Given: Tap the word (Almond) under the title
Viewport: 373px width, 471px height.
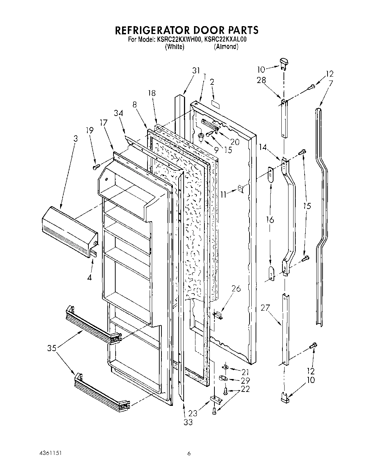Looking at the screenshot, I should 226,47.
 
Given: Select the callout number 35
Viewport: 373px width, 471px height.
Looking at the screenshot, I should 52,348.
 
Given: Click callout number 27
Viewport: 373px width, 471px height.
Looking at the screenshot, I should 266,308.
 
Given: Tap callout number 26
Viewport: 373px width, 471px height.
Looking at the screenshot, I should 236,289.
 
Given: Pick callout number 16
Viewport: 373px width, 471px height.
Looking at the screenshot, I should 270,220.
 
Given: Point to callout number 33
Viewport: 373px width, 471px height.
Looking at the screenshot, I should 188,422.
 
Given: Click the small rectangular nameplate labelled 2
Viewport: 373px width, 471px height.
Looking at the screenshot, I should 215,103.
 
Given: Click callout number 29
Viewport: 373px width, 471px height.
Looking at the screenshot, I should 246,380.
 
